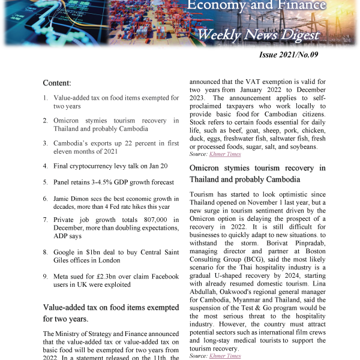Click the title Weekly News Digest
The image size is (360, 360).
click(258, 35)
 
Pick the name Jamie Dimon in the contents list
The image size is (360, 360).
click(75, 199)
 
